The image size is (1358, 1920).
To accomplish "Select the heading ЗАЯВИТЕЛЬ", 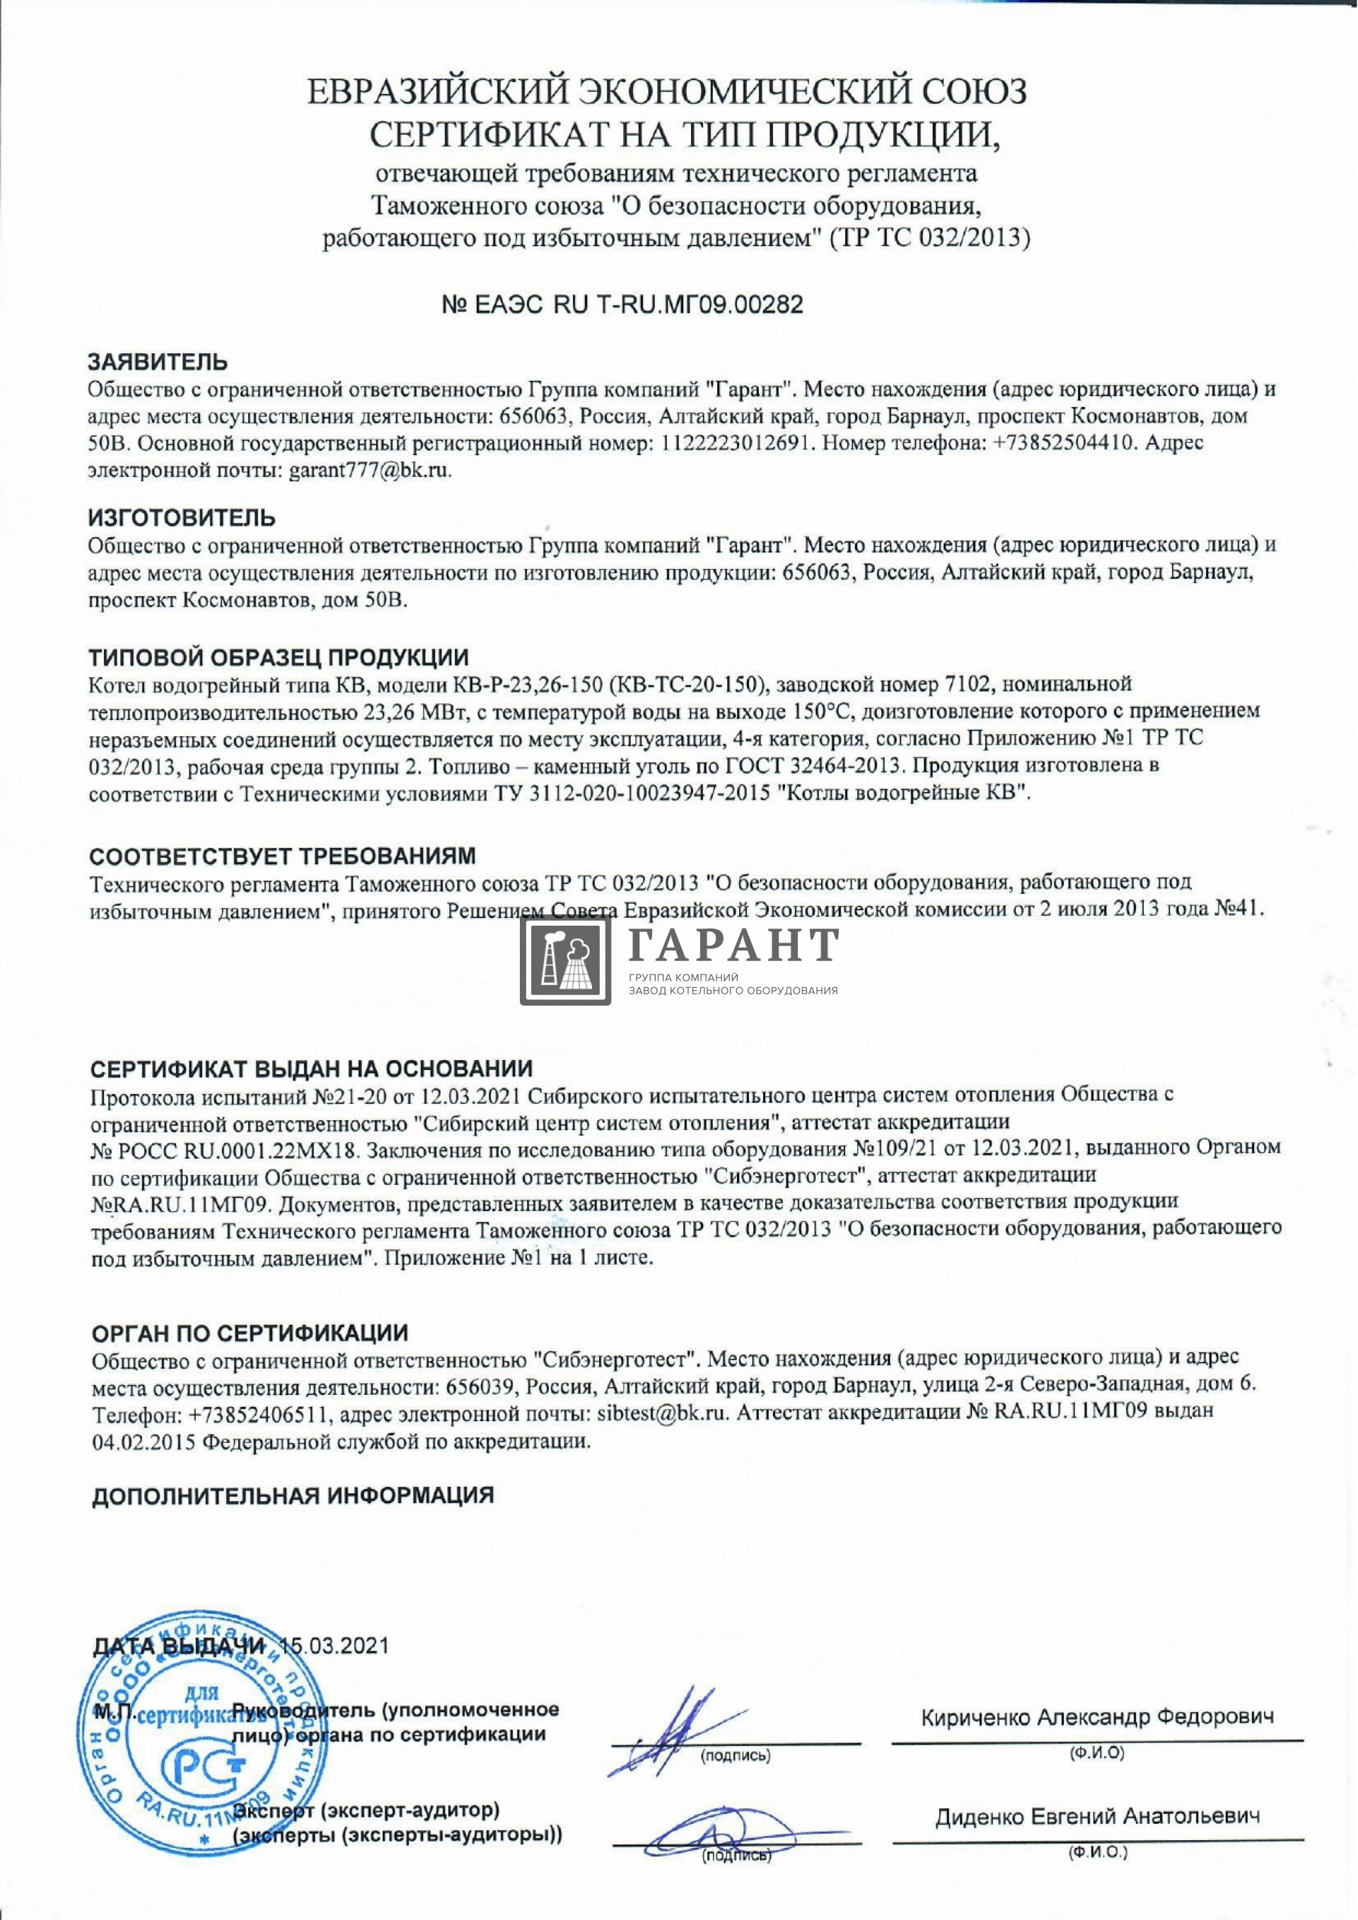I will [158, 362].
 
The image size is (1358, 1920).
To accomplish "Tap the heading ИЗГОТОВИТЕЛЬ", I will [182, 518].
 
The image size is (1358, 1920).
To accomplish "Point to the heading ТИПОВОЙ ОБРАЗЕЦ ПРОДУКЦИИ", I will [279, 657].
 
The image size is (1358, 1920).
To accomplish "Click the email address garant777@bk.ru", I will [370, 470].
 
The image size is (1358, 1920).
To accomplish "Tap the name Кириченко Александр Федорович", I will [1097, 1718].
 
